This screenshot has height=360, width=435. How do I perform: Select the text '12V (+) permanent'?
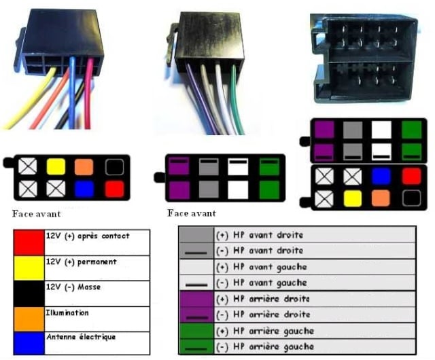click(x=81, y=262)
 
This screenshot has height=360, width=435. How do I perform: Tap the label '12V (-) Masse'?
click(x=73, y=287)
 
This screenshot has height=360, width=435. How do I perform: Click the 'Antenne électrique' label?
click(x=80, y=337)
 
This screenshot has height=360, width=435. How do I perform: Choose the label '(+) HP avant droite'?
click(x=259, y=235)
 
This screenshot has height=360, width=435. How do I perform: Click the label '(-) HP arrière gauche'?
click(x=261, y=347)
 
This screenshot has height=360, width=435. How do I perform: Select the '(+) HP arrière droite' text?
click(x=260, y=299)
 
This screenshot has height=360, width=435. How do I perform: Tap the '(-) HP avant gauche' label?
click(x=260, y=283)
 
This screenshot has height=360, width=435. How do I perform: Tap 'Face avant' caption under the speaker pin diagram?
click(x=192, y=213)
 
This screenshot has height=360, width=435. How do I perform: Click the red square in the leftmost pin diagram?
click(x=114, y=188)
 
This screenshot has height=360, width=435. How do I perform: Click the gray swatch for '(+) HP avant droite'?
click(x=196, y=234)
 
